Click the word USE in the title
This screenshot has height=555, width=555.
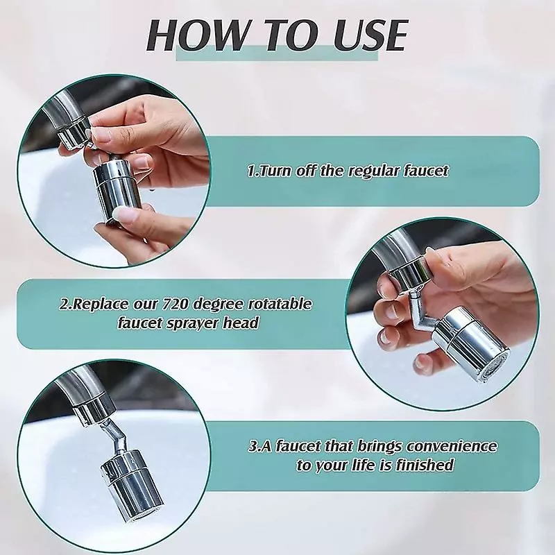click(370, 35)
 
